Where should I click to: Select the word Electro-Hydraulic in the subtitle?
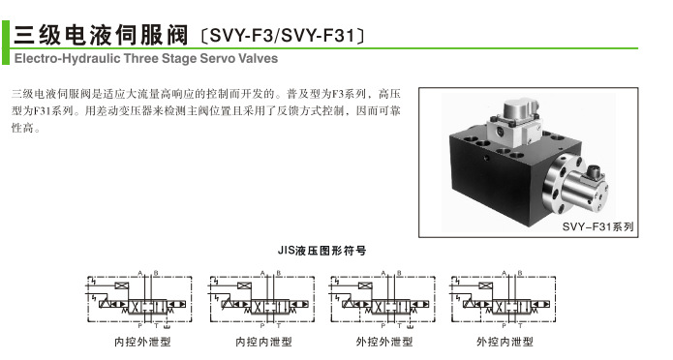tap(52, 59)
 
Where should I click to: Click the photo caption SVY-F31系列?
tap(597, 226)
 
